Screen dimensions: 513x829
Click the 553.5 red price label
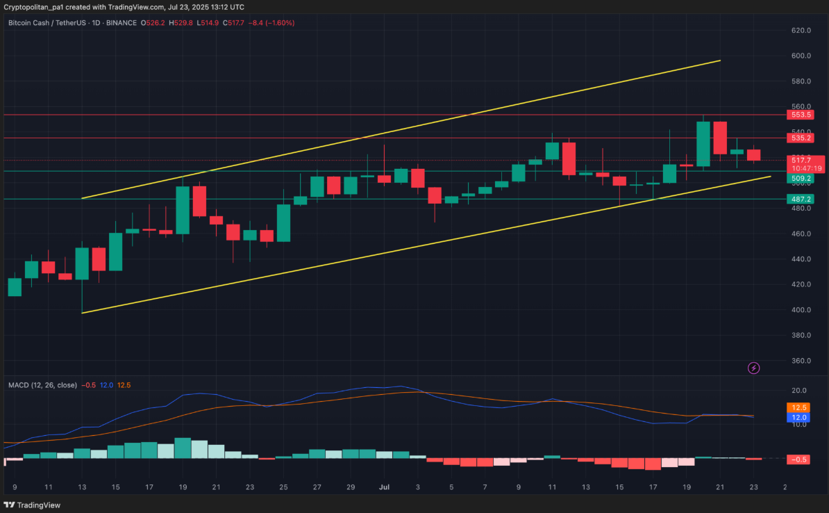(800, 115)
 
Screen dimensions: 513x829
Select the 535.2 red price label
(800, 138)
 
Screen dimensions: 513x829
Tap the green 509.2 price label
(800, 179)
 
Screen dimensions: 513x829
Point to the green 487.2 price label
(800, 199)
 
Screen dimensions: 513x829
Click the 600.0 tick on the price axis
(801, 56)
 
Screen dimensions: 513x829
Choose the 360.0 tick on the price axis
(801, 361)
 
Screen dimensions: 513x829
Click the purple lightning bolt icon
(753, 368)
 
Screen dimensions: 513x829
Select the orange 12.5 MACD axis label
(800, 407)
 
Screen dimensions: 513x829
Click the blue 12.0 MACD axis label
(800, 417)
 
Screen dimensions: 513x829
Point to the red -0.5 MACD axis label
(800, 459)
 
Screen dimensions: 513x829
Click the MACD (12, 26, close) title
(42, 385)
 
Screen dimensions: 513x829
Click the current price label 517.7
(800, 161)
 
